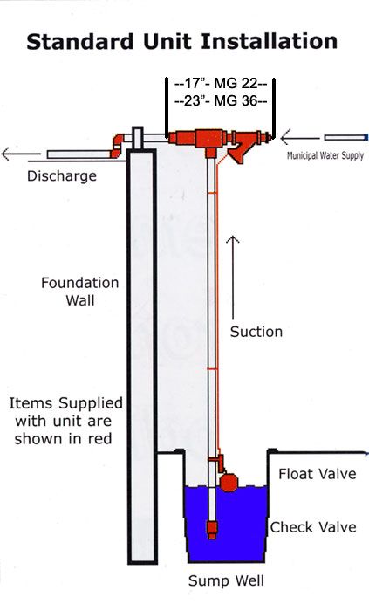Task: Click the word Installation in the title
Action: tap(268, 41)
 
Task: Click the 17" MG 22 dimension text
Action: tap(221, 84)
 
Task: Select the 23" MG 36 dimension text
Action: tap(221, 101)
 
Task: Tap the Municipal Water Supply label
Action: tap(325, 156)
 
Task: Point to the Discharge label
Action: tap(61, 175)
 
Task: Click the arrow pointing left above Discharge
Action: tap(21, 154)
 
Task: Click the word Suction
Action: tap(256, 332)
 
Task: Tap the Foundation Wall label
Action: tap(79, 291)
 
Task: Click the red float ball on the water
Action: tap(229, 483)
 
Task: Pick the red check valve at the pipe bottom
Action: tap(212, 529)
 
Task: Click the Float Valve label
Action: tap(318, 474)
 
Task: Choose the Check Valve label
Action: tap(313, 527)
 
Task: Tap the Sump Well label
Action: tap(226, 580)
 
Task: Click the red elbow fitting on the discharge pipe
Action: tap(116, 146)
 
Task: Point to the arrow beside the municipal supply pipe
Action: tap(300, 137)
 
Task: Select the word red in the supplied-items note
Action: tap(99, 439)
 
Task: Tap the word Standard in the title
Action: tap(79, 41)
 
